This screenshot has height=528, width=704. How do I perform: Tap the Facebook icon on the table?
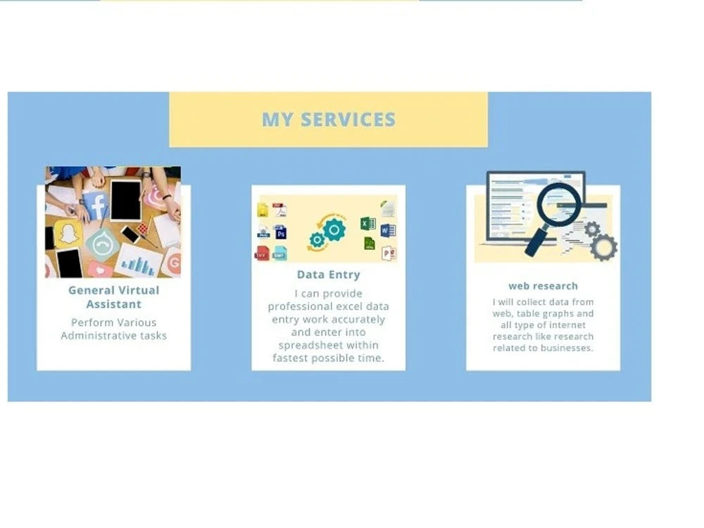click(96, 206)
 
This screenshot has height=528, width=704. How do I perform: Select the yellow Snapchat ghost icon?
click(68, 233)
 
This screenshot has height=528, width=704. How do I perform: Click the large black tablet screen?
click(126, 200)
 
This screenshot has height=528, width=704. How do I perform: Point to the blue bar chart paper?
click(138, 262)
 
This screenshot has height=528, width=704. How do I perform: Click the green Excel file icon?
click(367, 224)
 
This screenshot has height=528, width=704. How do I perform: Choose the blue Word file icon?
click(388, 230)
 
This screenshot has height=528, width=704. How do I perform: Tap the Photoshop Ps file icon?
click(280, 232)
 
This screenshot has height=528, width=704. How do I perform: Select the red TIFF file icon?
click(262, 253)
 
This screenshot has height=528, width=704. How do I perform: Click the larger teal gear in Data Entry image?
click(334, 229)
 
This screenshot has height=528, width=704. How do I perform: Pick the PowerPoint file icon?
click(388, 253)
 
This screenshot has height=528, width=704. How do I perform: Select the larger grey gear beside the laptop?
click(603, 248)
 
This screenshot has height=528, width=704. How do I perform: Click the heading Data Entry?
click(328, 275)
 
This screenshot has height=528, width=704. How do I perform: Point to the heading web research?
click(543, 286)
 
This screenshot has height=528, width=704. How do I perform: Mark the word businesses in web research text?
click(567, 348)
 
